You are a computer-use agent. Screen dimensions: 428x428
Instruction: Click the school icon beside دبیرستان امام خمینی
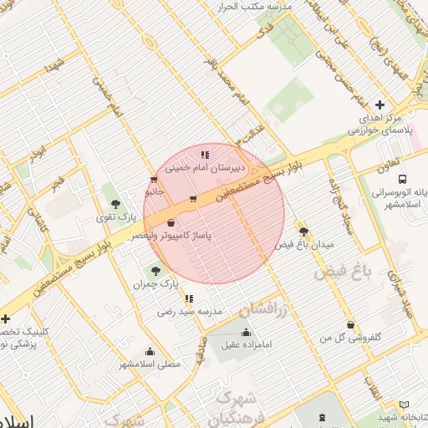205,155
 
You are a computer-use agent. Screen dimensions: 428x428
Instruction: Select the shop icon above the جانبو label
153,179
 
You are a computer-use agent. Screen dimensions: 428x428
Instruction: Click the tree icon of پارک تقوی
115,204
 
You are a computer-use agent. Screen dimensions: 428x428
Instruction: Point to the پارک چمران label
155,284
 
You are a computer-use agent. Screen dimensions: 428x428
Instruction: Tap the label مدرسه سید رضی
191,311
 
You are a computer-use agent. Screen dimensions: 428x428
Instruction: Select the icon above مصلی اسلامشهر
150,351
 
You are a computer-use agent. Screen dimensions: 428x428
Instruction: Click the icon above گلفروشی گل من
349,324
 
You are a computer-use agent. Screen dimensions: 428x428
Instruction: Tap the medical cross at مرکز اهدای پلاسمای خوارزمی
380,104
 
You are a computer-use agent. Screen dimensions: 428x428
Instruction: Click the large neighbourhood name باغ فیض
342,272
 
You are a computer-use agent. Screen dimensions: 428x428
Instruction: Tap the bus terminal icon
404,179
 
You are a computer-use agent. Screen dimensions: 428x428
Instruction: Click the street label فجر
58,181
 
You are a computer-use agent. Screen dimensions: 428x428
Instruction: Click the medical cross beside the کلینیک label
5,318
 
